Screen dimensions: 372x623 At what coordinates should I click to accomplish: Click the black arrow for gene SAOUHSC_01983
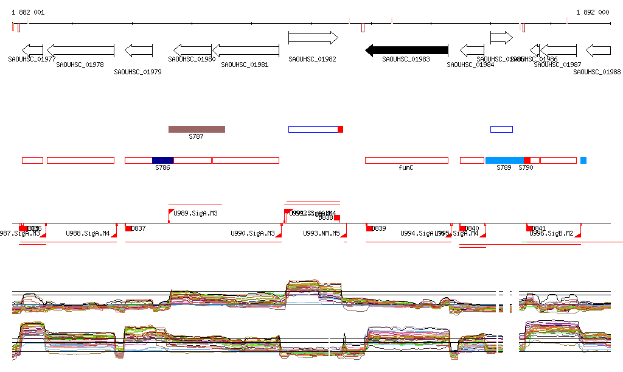[406, 50]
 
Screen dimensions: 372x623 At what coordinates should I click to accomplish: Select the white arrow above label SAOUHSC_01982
[313, 38]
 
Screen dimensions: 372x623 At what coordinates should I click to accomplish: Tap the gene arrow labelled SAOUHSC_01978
[80, 50]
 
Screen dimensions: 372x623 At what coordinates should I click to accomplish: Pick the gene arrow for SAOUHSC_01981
[245, 50]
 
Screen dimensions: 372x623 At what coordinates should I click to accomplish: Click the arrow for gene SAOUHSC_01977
[32, 50]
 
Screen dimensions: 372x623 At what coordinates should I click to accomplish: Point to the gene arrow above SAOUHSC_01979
[138, 50]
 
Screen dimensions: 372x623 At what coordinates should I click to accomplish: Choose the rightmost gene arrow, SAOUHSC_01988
[598, 50]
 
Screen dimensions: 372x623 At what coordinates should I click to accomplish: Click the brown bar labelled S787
[197, 129]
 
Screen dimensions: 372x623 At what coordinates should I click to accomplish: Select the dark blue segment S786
[162, 160]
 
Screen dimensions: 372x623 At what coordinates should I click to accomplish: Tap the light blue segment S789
[504, 160]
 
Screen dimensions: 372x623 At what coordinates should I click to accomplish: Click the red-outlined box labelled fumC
[406, 160]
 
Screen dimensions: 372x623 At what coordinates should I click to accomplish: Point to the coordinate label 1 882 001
[28, 12]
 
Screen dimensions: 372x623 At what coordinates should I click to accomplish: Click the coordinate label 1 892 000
[592, 12]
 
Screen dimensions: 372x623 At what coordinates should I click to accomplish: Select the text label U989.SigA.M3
[196, 213]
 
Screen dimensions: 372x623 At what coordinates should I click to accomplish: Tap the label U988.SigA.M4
[88, 233]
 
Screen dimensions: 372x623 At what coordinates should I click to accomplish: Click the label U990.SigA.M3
[252, 233]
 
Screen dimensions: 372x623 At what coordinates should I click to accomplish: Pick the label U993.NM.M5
[322, 233]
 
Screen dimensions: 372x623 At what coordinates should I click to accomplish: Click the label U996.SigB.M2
[552, 233]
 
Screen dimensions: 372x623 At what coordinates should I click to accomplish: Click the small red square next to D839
[369, 228]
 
